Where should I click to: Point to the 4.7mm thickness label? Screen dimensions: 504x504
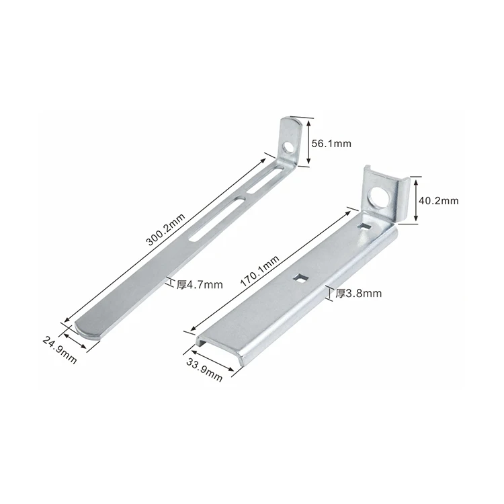pyautogui.click(x=199, y=284)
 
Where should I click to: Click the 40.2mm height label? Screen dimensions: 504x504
pyautogui.click(x=438, y=200)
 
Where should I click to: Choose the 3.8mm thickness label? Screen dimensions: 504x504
pyautogui.click(x=358, y=293)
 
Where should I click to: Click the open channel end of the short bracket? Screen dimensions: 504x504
pyautogui.click(x=218, y=342)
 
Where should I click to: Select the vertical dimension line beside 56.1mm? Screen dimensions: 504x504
pyautogui.click(x=309, y=141)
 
